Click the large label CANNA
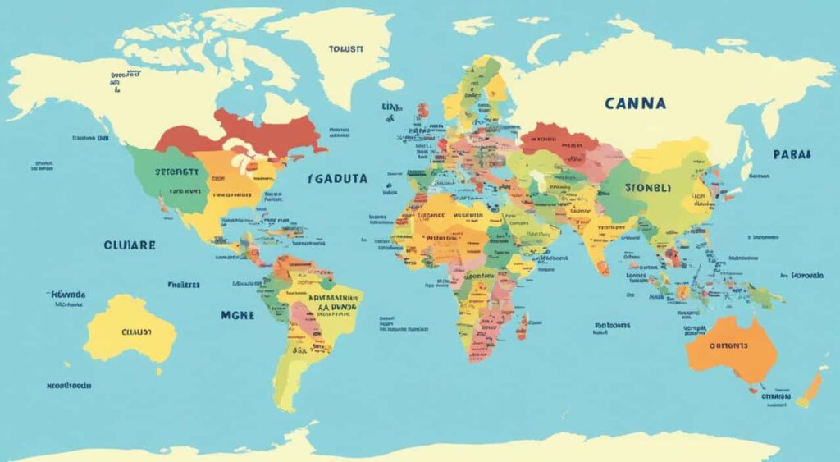point(635,104)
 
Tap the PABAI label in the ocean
point(792,153)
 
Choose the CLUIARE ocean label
point(130,245)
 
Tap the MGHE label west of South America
point(238,314)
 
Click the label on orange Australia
point(733,346)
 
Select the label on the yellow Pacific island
point(131,332)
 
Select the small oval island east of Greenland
point(391,83)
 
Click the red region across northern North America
point(246,133)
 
